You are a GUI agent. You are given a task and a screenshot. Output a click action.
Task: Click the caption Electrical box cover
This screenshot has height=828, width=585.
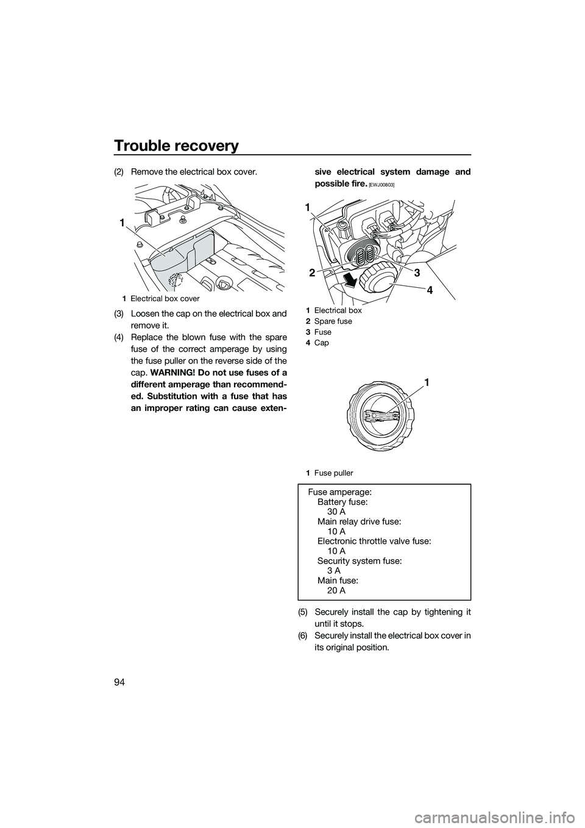(x=165, y=299)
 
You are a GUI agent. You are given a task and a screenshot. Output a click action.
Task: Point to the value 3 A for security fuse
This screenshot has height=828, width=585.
(x=333, y=570)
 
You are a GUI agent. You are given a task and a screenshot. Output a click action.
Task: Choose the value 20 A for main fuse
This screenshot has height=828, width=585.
(x=336, y=590)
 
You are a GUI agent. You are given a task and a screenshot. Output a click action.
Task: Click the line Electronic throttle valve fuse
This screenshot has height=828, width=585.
(x=374, y=541)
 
